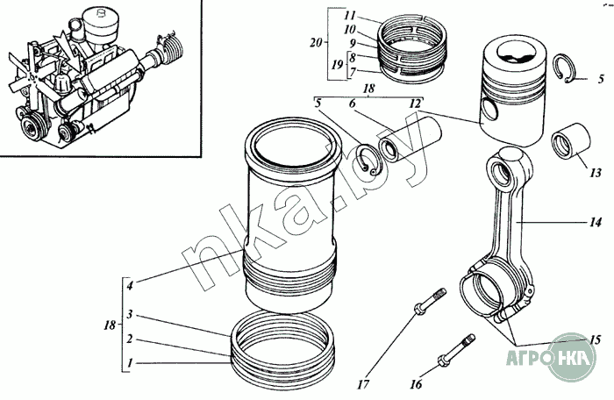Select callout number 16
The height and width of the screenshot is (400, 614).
pyautogui.click(x=417, y=385)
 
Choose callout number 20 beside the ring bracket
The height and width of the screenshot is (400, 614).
pyautogui.click(x=318, y=41)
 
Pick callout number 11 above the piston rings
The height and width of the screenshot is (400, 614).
pyautogui.click(x=349, y=16)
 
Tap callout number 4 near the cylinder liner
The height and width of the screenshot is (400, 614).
pyautogui.click(x=129, y=285)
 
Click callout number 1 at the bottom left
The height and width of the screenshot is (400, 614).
pyautogui.click(x=129, y=362)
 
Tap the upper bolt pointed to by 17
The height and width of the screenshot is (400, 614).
pyautogui.click(x=427, y=304)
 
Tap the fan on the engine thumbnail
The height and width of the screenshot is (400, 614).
pyautogui.click(x=34, y=73)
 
